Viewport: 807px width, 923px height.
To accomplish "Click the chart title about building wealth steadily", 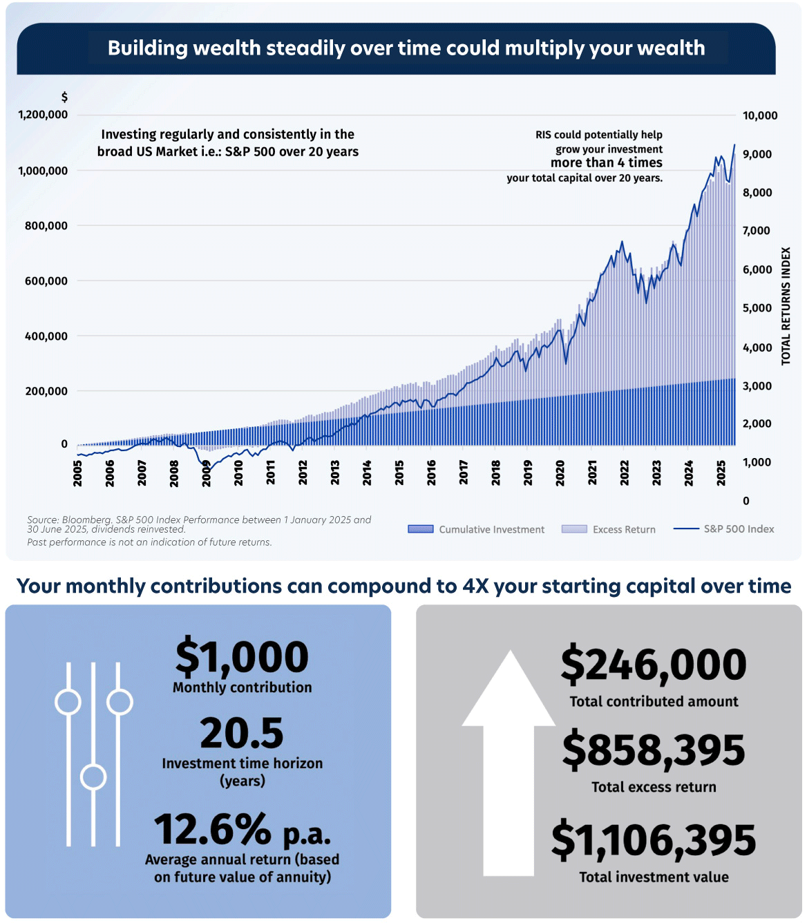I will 406,48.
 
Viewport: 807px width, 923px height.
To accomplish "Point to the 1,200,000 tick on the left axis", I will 43,115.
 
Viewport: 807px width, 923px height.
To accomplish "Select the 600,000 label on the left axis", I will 46,281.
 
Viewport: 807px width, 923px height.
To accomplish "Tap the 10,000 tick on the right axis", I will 760,116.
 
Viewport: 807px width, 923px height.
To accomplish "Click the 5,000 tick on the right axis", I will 757,308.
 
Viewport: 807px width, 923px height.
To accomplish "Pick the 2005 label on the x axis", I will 77,474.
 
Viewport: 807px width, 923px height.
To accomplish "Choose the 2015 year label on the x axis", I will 399,474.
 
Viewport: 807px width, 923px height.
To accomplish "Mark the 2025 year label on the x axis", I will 721,474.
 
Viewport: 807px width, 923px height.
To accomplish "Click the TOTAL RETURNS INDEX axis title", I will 786,306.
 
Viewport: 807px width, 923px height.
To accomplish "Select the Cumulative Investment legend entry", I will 476,529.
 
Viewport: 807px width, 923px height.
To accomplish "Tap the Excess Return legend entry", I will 609,529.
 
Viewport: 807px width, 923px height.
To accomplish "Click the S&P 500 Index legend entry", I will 723,529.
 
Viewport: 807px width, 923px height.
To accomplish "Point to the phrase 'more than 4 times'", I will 606,163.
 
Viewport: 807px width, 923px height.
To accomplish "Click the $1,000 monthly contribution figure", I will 242,657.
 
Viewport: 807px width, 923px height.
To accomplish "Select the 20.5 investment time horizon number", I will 242,733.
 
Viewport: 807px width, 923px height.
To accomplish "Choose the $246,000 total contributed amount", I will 654,665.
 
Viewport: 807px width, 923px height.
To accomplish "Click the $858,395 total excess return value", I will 654,750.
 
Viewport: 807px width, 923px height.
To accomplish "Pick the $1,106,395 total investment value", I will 654,840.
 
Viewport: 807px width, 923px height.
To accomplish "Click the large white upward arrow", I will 509,760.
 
